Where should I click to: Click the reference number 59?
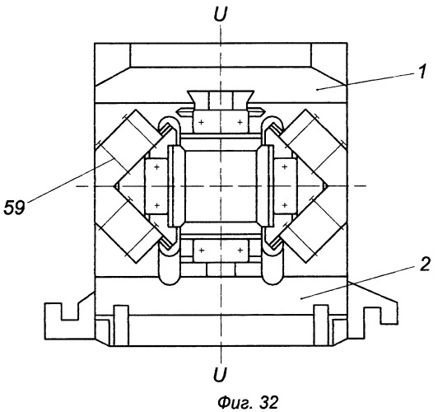14,208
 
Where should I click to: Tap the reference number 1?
422,71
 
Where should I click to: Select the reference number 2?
425,264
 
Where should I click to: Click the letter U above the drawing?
220,14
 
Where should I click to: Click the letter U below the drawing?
220,374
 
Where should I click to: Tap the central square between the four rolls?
221,186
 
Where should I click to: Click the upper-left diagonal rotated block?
130,140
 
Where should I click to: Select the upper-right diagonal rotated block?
311,140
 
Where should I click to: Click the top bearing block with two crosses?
221,122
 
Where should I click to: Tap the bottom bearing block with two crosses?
221,250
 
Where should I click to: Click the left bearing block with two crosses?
156,186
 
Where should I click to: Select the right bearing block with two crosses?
285,186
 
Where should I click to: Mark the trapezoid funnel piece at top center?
221,100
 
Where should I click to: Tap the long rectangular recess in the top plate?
221,55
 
